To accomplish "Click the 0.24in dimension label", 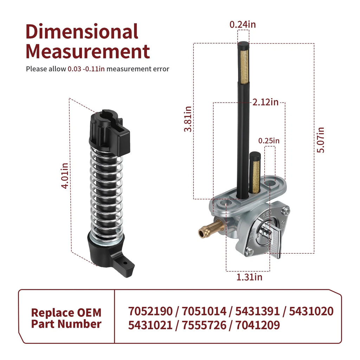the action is pyautogui.click(x=243, y=25).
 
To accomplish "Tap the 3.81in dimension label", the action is pyautogui.click(x=188, y=119).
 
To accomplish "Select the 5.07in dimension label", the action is pyautogui.click(x=321, y=140).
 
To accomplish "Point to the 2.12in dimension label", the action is pyautogui.click(x=265, y=102).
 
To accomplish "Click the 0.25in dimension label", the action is pyautogui.click(x=269, y=141).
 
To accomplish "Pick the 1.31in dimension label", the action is pyautogui.click(x=249, y=277).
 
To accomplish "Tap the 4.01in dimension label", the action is pyautogui.click(x=65, y=176).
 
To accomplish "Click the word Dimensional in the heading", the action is pyautogui.click(x=82, y=31).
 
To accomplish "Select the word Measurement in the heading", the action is pyautogui.click(x=88, y=51).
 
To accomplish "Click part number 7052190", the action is pyautogui.click(x=150, y=311).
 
